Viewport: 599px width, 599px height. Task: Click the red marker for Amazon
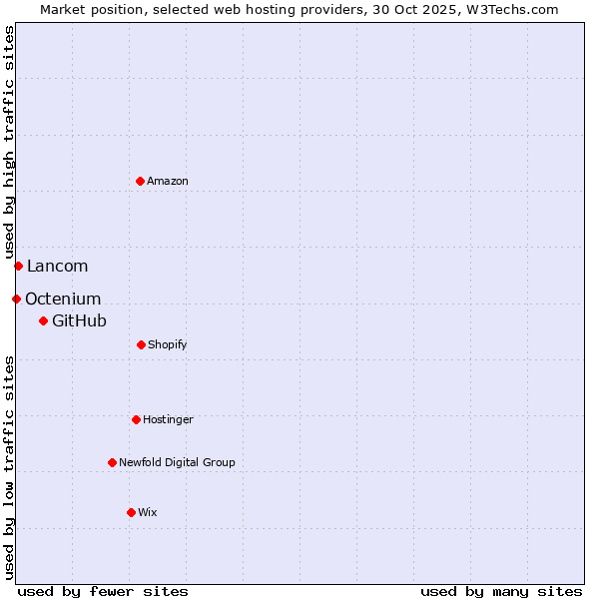pos(140,181)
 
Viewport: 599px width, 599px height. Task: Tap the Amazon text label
pos(168,181)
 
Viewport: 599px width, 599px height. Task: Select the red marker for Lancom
pos(18,266)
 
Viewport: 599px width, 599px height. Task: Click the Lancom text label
pos(57,266)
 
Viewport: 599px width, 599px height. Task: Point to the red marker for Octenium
pos(16,299)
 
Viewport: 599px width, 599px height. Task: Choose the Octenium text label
pos(63,299)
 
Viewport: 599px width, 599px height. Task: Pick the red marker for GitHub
pos(43,320)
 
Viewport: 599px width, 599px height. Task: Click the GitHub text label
pos(79,320)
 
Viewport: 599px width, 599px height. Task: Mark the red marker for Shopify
pos(141,344)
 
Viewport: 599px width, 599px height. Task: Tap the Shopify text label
pos(168,344)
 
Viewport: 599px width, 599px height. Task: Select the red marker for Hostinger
pos(136,419)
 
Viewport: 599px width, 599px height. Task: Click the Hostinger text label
pos(168,419)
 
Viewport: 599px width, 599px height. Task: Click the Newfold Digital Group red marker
pos(112,462)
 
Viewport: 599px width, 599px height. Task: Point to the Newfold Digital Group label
pos(177,462)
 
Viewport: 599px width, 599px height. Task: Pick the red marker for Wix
pos(131,512)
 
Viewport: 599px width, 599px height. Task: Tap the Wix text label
pos(148,512)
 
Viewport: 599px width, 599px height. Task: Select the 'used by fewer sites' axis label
pos(103,591)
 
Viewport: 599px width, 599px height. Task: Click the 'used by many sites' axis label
pos(501,591)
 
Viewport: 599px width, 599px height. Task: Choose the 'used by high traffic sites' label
pos(9,142)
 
